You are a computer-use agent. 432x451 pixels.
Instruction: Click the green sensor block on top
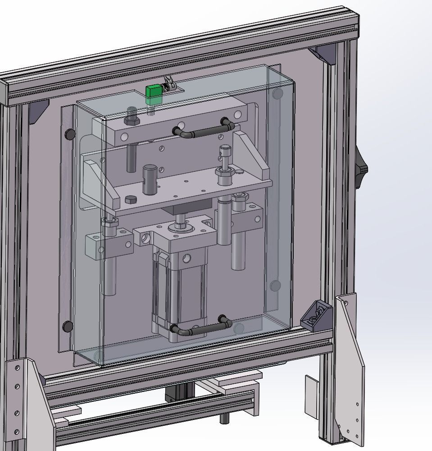tap(154, 91)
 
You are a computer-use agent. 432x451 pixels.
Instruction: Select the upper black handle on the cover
tap(202, 131)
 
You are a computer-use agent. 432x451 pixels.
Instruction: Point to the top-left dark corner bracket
tap(38, 111)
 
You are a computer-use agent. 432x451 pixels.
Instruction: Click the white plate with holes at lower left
tap(20, 397)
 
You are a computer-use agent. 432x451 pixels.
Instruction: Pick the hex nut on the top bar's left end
tap(132, 120)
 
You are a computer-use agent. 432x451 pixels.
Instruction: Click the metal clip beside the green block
tap(170, 85)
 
